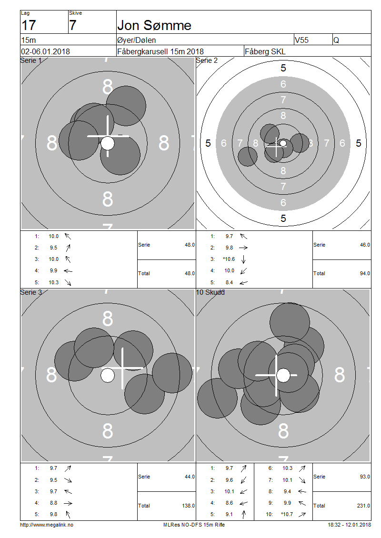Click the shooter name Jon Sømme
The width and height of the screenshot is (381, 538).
tap(154, 25)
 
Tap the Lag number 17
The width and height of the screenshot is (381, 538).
tap(29, 25)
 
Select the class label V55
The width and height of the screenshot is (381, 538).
tap(302, 40)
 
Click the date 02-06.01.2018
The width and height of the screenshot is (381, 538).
tap(45, 51)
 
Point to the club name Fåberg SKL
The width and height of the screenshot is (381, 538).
tap(265, 51)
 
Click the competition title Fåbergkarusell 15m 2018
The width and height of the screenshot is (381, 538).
tap(160, 51)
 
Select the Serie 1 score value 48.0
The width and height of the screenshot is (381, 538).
tap(190, 245)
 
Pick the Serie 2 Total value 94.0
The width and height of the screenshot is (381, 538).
tap(365, 273)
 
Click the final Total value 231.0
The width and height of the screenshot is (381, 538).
tap(363, 506)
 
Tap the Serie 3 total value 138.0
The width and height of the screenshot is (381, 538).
tap(189, 506)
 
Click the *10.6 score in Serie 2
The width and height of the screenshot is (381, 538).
tap(229, 259)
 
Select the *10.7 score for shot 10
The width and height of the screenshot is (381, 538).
tap(287, 514)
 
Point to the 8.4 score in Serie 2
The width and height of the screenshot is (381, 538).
tap(229, 282)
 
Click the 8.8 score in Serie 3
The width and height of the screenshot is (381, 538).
tap(53, 503)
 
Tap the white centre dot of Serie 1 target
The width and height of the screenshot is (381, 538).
tap(108, 143)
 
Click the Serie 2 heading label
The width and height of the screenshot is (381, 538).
tap(207, 60)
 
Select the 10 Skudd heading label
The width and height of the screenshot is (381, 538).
tap(210, 292)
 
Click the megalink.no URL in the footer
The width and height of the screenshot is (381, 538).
tap(47, 525)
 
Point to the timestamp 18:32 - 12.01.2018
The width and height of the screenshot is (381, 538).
tap(349, 525)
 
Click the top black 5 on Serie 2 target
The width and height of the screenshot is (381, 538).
tap(283, 68)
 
